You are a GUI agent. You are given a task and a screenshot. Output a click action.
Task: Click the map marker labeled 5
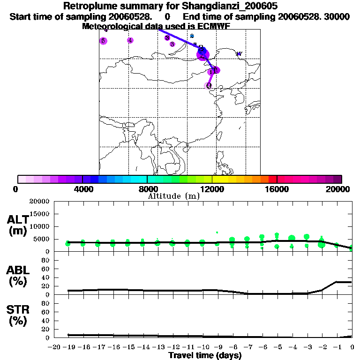pyautogui.click(x=103, y=41)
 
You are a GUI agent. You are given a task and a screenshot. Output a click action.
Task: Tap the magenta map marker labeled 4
pyautogui.click(x=130, y=40)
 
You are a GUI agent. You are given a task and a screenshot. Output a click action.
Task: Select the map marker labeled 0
pyautogui.click(x=209, y=86)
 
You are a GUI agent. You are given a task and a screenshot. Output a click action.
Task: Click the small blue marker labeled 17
pyautogui.click(x=239, y=54)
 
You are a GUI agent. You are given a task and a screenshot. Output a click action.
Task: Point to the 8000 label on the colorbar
pyautogui.click(x=147, y=189)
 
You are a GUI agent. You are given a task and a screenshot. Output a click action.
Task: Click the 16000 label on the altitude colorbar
pyautogui.click(x=277, y=189)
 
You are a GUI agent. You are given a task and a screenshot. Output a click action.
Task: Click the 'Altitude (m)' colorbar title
pyautogui.click(x=173, y=196)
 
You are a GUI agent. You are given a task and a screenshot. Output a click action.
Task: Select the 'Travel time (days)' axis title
pyautogui.click(x=205, y=356)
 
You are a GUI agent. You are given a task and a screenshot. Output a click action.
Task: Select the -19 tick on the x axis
pyautogui.click(x=68, y=347)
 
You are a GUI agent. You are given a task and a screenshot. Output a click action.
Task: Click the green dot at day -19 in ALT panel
pyautogui.click(x=68, y=243)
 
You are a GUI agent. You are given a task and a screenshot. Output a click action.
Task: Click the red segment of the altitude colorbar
pyautogui.click(x=272, y=179)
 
